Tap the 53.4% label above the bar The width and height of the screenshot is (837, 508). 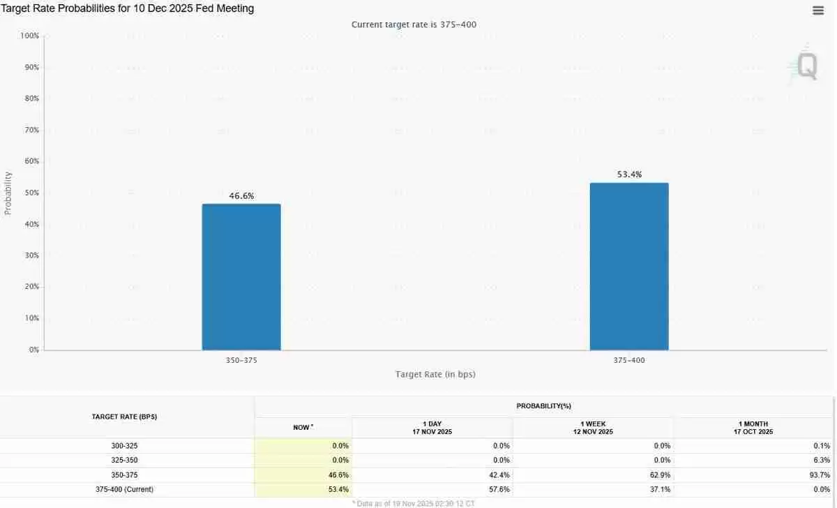629,174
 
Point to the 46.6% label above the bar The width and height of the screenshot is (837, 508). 241,196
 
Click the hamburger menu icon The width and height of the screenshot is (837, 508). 818,10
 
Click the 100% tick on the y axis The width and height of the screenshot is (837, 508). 30,36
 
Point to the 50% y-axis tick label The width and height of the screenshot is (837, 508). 31,193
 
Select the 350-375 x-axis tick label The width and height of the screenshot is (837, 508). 241,360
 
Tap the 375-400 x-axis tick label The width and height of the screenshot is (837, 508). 629,360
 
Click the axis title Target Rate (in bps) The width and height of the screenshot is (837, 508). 435,375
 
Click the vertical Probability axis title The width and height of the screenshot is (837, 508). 8,193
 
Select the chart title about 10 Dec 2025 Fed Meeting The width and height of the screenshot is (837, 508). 128,9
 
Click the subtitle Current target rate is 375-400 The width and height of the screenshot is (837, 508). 414,24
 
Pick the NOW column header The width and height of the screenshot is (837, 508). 303,427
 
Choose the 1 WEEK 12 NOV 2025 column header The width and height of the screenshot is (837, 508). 593,428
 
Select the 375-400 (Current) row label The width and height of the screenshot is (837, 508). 124,490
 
